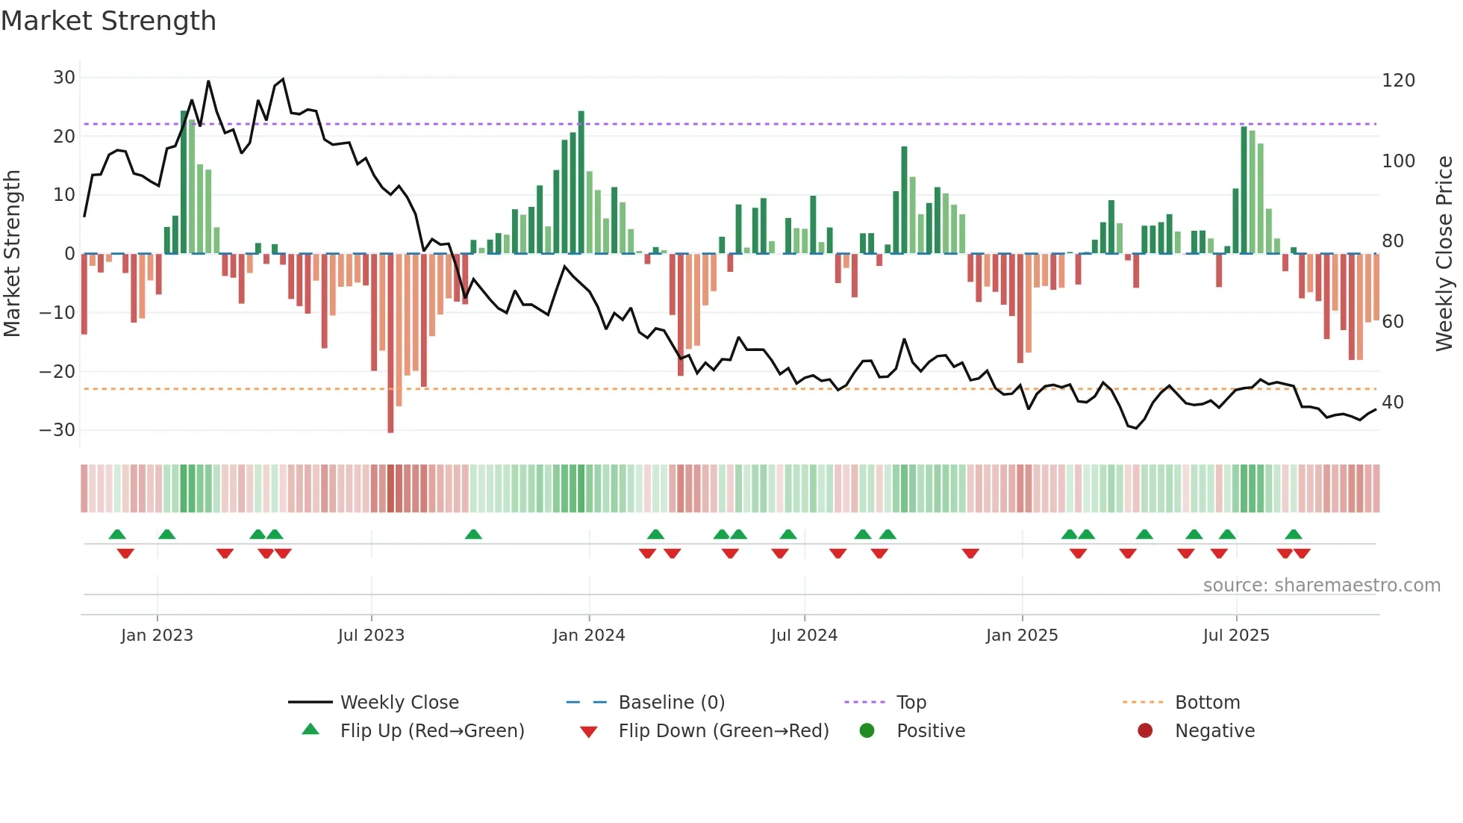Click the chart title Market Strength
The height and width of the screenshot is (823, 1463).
coord(108,21)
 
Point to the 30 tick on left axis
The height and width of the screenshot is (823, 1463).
coord(64,78)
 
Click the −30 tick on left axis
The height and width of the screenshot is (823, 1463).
coord(57,430)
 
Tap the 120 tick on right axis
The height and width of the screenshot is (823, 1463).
coord(1398,81)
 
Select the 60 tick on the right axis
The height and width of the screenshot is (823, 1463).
coord(1393,322)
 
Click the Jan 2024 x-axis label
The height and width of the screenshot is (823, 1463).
coord(589,636)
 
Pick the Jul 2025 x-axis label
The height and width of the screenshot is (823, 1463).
coord(1236,636)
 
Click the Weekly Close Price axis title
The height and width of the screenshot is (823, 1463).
coord(1444,254)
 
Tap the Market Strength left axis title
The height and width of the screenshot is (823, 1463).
coord(13,254)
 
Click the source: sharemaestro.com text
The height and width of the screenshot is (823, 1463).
coord(1321,586)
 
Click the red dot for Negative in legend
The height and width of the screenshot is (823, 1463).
coord(1145,731)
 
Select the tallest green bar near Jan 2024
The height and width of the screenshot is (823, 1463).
coord(581,183)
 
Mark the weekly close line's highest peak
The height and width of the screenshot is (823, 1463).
coord(283,79)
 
